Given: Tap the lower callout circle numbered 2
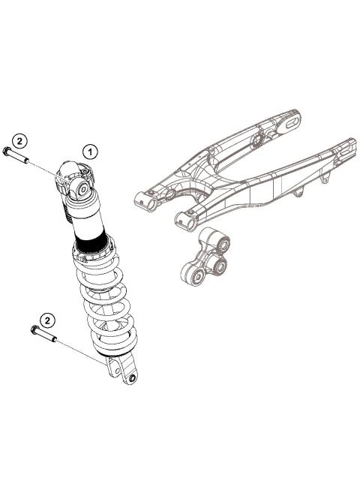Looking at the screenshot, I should (x=47, y=320).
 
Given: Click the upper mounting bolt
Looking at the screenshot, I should (x=15, y=156).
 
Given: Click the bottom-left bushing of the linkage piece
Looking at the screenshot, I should (x=193, y=277).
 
